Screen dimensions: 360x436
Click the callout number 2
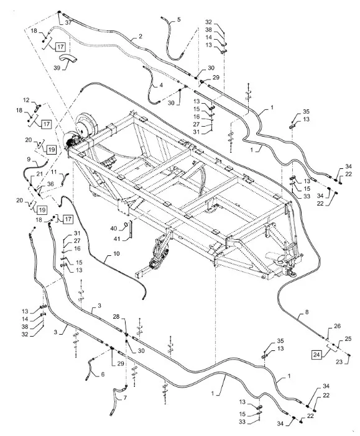coord(141,37)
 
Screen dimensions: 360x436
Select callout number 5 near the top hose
coord(178,19)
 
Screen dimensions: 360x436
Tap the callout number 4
coord(161,85)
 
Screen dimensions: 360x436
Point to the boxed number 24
coord(316,355)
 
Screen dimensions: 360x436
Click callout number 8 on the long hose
coord(307,312)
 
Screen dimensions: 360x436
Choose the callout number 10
coord(116,253)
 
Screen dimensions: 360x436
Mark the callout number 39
coord(57,68)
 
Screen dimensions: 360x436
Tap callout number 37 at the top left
coord(68,22)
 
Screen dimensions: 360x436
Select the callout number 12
coord(26,100)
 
